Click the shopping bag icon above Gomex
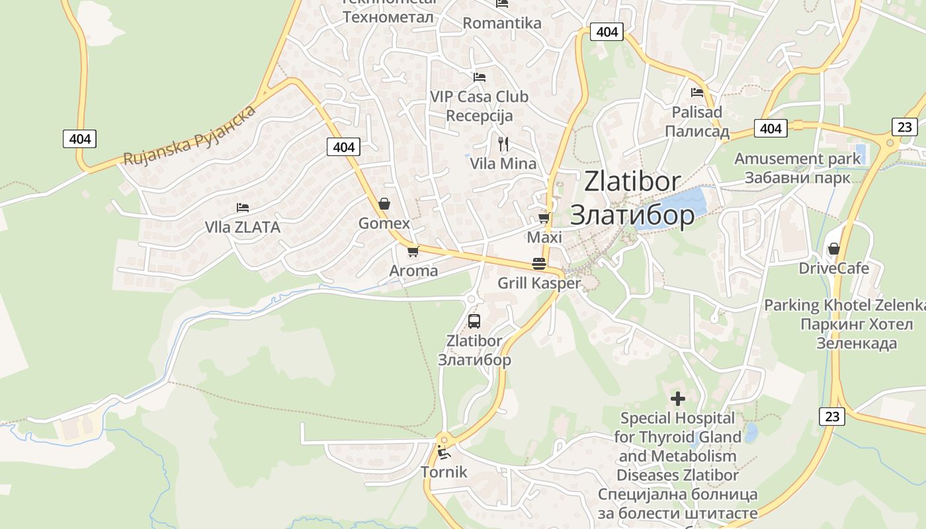click(384, 204)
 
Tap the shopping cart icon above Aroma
click(413, 251)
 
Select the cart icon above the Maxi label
click(544, 218)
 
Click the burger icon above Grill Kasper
click(539, 264)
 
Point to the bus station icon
click(474, 321)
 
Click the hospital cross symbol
click(678, 399)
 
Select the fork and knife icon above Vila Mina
click(503, 143)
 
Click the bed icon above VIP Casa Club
click(480, 77)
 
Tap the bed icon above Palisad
click(697, 93)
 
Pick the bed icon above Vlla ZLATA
click(243, 208)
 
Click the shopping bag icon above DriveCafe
click(833, 249)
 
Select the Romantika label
click(502, 23)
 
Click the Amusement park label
click(798, 159)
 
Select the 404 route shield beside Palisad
click(771, 128)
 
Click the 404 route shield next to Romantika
click(607, 32)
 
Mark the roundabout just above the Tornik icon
click(443, 438)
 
